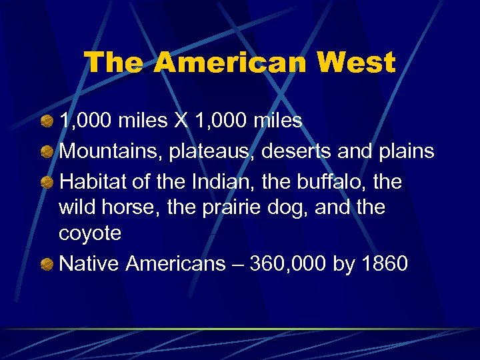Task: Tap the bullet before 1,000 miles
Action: pos(47,122)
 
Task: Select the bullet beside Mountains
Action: pos(47,151)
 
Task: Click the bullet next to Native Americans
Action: pos(47,265)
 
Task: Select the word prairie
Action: pos(227,207)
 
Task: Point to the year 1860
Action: pos(383,264)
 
